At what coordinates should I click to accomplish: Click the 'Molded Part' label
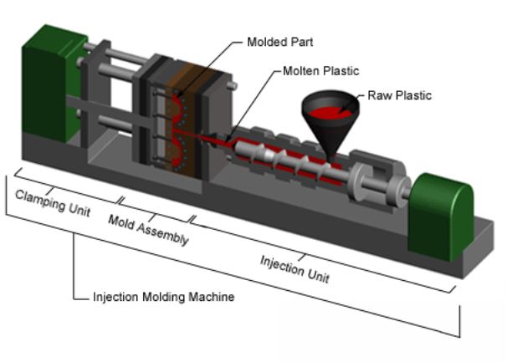(x=279, y=41)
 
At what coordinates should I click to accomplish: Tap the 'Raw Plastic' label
(x=399, y=95)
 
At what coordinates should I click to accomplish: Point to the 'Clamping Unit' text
(x=52, y=201)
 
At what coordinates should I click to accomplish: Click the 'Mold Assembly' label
(x=148, y=229)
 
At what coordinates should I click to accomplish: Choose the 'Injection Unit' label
(x=293, y=268)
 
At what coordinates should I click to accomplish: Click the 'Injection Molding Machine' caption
(x=163, y=297)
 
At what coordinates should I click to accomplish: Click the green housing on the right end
(x=441, y=213)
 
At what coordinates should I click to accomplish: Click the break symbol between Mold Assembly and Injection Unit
(x=195, y=221)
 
